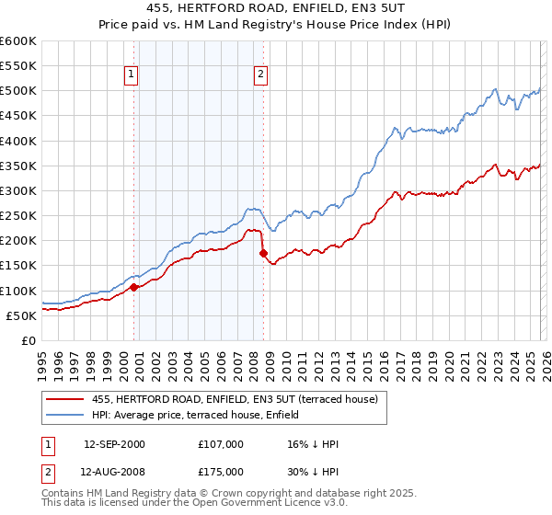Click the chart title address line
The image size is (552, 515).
[276, 9]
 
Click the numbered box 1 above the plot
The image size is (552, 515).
[131, 75]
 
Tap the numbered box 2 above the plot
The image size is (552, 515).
[261, 75]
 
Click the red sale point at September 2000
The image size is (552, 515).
[134, 287]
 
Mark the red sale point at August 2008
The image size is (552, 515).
[263, 253]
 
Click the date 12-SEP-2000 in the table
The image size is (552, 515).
[114, 444]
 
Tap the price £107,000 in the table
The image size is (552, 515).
[221, 444]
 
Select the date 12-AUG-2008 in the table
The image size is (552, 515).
[114, 472]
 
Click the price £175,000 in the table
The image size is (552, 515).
[221, 472]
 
